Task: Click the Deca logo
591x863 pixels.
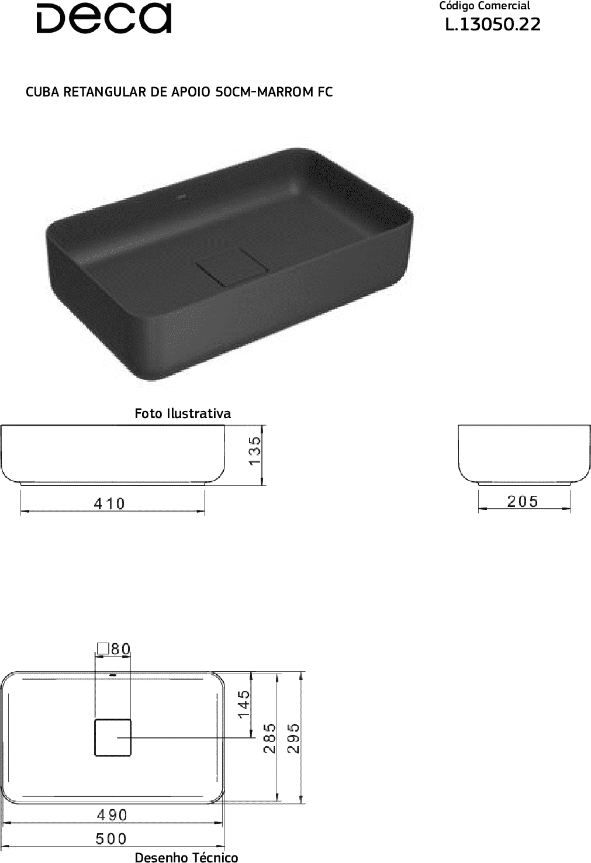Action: coord(103,18)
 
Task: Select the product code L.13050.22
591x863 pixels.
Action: coord(493,25)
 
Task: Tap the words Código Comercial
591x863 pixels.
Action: coord(484,6)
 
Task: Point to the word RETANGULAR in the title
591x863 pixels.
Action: coord(105,92)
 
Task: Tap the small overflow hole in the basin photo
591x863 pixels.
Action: coord(181,198)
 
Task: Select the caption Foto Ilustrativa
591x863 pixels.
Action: coord(182,413)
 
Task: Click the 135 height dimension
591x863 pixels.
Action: coord(255,450)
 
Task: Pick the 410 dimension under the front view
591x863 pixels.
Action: coord(109,504)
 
